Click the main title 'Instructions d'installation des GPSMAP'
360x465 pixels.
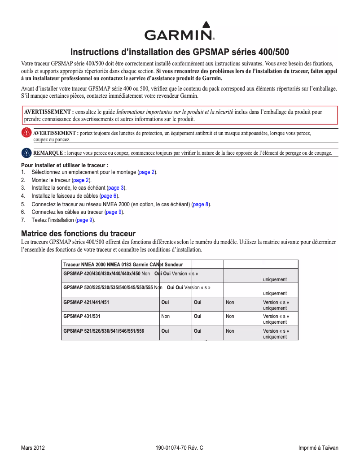pos(180,52)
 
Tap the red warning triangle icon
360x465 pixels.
pos(27,133)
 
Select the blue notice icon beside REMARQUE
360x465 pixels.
pos(27,152)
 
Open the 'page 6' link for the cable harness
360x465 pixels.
pos(109,196)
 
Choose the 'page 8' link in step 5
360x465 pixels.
pos(201,204)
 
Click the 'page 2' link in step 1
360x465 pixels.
pos(146,172)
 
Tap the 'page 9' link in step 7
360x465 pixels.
pos(84,220)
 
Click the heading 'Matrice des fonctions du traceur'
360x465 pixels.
pos(79,234)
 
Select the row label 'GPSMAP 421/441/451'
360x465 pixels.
pos(86,302)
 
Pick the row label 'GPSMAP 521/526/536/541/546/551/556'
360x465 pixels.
pos(104,331)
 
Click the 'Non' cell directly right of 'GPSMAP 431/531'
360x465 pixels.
pos(165,316)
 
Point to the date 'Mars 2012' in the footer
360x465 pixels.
pos(33,448)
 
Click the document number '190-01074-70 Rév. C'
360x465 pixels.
pos(180,448)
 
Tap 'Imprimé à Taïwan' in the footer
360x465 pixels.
pos(318,448)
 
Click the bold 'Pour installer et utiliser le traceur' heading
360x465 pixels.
pos(65,165)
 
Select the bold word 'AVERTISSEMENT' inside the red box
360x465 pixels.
pos(48,112)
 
